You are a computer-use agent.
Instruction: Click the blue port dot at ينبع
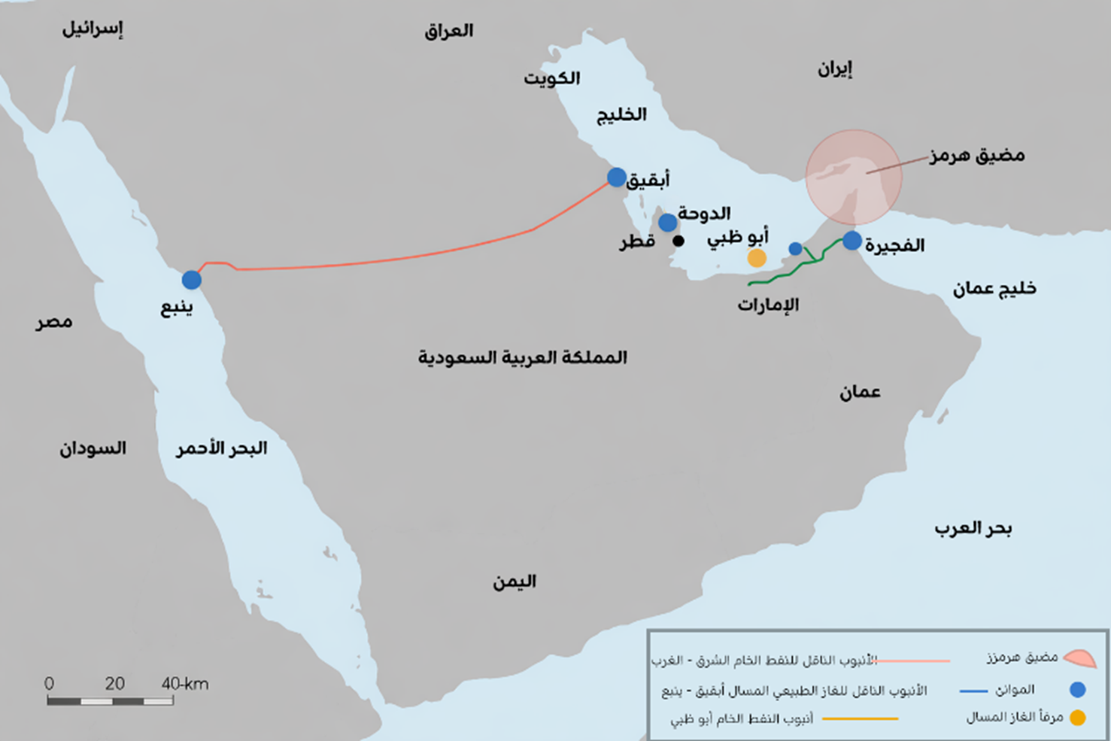point(192,280)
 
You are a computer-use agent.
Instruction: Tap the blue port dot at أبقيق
point(617,178)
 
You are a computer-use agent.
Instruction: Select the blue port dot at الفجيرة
point(851,241)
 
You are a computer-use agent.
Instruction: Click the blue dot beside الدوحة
point(667,223)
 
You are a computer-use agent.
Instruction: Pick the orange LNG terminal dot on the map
point(757,258)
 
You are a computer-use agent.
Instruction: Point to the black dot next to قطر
point(678,241)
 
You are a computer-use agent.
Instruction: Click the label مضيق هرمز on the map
point(976,156)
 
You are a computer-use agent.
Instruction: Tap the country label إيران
point(835,70)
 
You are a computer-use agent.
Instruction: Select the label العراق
point(448,31)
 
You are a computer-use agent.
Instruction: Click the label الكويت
point(551,78)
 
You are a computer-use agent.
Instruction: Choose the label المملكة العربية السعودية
point(522,357)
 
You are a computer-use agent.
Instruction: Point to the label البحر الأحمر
point(221,448)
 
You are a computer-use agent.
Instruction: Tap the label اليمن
point(515,582)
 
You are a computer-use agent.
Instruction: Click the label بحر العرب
point(973,529)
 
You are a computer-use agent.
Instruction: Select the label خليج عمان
point(994,289)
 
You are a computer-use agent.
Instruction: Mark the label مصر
point(54,323)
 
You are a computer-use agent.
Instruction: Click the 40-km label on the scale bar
point(184,684)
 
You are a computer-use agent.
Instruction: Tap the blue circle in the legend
point(1077,690)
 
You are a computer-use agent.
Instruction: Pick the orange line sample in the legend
point(860,718)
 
